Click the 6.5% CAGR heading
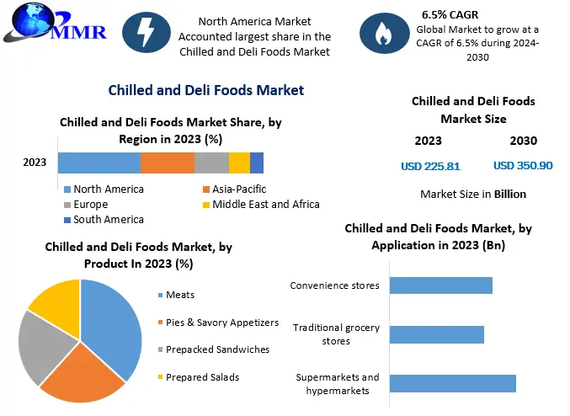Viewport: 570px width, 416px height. pos(450,14)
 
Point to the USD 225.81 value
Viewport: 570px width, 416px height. pos(430,166)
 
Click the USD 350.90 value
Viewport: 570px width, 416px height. pos(523,166)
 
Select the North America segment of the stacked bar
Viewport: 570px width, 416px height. pos(99,163)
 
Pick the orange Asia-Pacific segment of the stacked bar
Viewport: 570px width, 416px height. pos(168,163)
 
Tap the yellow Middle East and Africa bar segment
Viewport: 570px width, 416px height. pos(239,163)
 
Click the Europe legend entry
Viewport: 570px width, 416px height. pos(91,204)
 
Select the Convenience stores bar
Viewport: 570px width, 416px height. pos(440,285)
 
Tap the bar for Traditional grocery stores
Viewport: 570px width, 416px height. pos(436,334)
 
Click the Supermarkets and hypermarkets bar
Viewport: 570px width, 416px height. pos(452,384)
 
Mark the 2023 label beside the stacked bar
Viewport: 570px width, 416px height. pos(35,163)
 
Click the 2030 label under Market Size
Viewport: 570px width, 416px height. pos(523,141)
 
